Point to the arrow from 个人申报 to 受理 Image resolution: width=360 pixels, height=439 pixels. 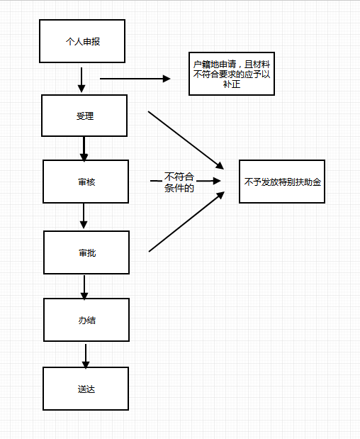point(81,80)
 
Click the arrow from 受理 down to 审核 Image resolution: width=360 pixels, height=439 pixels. point(84,149)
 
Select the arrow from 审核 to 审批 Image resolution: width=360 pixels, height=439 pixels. point(84,216)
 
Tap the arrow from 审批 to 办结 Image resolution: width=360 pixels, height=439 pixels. point(84,287)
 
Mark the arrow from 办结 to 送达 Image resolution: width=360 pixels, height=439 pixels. point(86,356)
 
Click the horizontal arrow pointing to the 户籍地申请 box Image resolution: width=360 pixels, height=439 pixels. point(135,79)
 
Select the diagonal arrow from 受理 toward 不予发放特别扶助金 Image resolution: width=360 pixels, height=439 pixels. point(186,140)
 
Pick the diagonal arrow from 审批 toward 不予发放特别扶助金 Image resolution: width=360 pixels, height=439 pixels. point(186,221)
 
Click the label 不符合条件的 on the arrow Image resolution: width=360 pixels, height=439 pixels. point(179,182)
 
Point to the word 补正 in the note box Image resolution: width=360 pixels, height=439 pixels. point(232,84)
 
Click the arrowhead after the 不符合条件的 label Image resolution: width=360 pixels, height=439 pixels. point(217,181)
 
